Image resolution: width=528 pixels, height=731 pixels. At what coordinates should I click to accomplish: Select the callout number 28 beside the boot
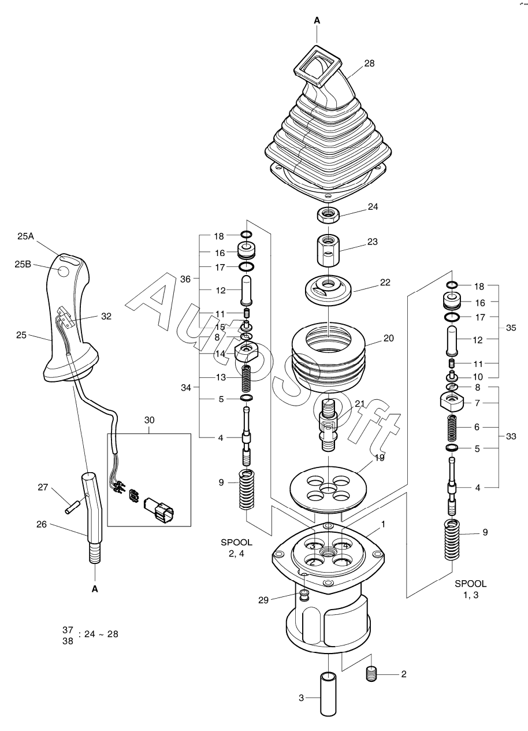tap(369, 64)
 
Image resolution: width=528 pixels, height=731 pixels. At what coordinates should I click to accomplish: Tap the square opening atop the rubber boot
tap(317, 67)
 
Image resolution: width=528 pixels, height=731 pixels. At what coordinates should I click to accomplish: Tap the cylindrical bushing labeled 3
tap(328, 706)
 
